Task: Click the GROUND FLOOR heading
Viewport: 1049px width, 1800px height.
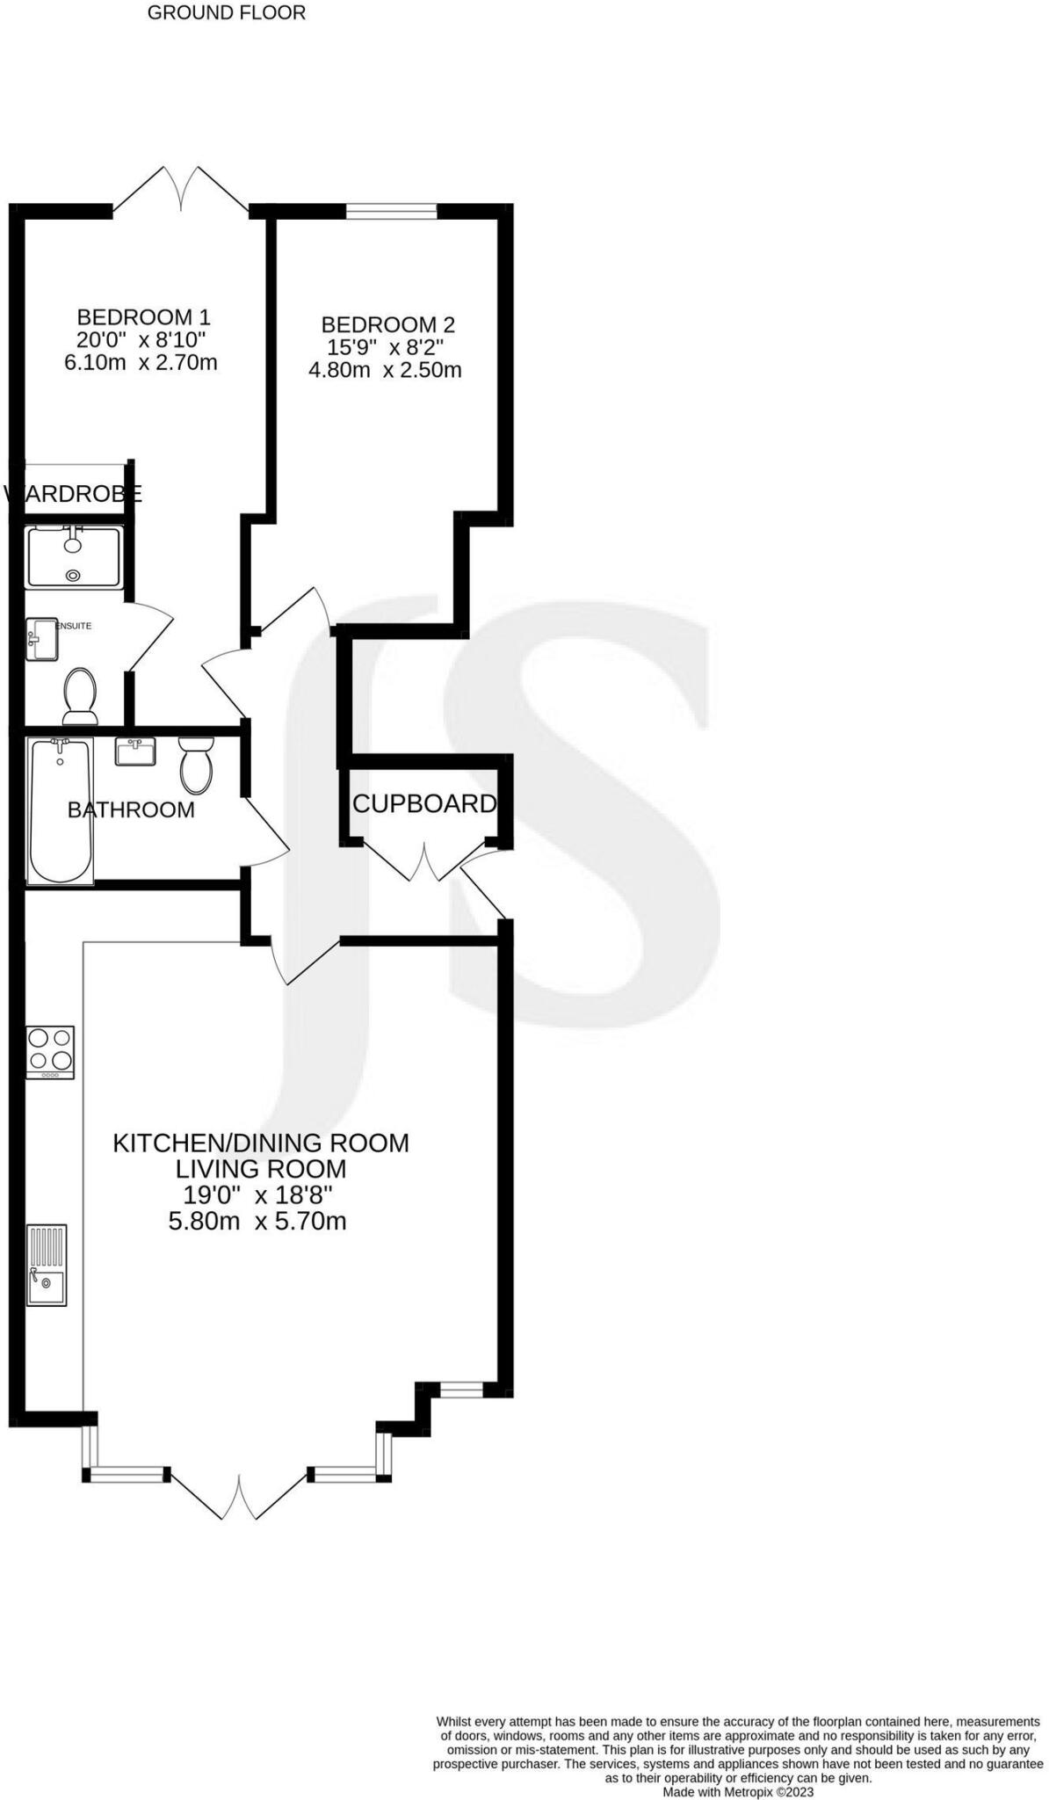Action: click(x=226, y=13)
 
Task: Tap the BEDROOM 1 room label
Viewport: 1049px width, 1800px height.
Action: click(x=143, y=316)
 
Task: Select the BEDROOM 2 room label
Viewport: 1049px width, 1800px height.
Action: click(x=387, y=324)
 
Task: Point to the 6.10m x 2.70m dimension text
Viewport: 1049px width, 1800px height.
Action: click(x=141, y=362)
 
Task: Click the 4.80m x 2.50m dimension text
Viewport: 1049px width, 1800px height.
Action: click(x=385, y=370)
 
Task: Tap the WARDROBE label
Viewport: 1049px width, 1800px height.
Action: click(x=74, y=494)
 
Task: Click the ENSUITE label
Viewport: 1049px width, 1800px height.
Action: click(x=74, y=626)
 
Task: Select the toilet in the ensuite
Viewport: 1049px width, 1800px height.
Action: click(x=80, y=695)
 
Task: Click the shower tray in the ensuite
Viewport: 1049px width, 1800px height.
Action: click(x=73, y=557)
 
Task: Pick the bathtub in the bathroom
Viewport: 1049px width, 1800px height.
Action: click(x=61, y=810)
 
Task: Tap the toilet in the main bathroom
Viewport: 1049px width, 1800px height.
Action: click(x=196, y=764)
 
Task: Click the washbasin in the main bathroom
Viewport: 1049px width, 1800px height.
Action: click(x=135, y=751)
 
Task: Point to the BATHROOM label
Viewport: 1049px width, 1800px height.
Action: click(x=131, y=809)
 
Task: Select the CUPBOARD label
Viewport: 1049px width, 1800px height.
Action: click(x=424, y=803)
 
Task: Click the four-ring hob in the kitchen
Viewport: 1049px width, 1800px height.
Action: click(x=50, y=1052)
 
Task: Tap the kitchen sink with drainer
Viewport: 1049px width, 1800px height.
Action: click(x=47, y=1265)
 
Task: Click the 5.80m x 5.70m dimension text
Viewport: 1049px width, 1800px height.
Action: click(x=257, y=1221)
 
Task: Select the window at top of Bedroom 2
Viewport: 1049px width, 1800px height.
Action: click(x=392, y=211)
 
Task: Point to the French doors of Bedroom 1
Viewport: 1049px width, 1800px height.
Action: click(x=182, y=192)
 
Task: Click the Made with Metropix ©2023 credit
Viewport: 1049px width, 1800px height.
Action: click(x=738, y=1791)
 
